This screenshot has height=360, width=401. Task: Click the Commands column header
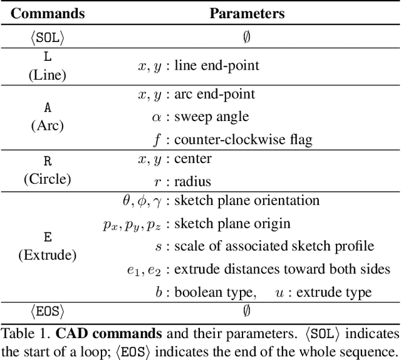pyautogui.click(x=47, y=13)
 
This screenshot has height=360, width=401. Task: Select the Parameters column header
pyautogui.click(x=247, y=13)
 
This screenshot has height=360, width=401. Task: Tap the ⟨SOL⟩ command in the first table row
pyautogui.click(x=48, y=37)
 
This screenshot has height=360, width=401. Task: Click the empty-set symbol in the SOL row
pyautogui.click(x=247, y=37)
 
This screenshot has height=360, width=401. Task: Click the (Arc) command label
pyautogui.click(x=48, y=125)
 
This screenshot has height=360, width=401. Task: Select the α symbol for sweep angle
pyautogui.click(x=157, y=116)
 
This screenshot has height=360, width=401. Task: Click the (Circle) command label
pyautogui.click(x=48, y=179)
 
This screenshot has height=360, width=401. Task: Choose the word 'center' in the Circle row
pyautogui.click(x=193, y=159)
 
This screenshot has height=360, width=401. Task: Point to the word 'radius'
pyautogui.click(x=193, y=181)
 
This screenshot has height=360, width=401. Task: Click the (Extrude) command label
pyautogui.click(x=48, y=255)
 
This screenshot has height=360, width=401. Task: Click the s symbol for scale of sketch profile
pyautogui.click(x=157, y=246)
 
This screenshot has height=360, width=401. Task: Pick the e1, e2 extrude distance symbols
pyautogui.click(x=145, y=270)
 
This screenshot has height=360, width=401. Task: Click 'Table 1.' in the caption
pyautogui.click(x=22, y=332)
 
